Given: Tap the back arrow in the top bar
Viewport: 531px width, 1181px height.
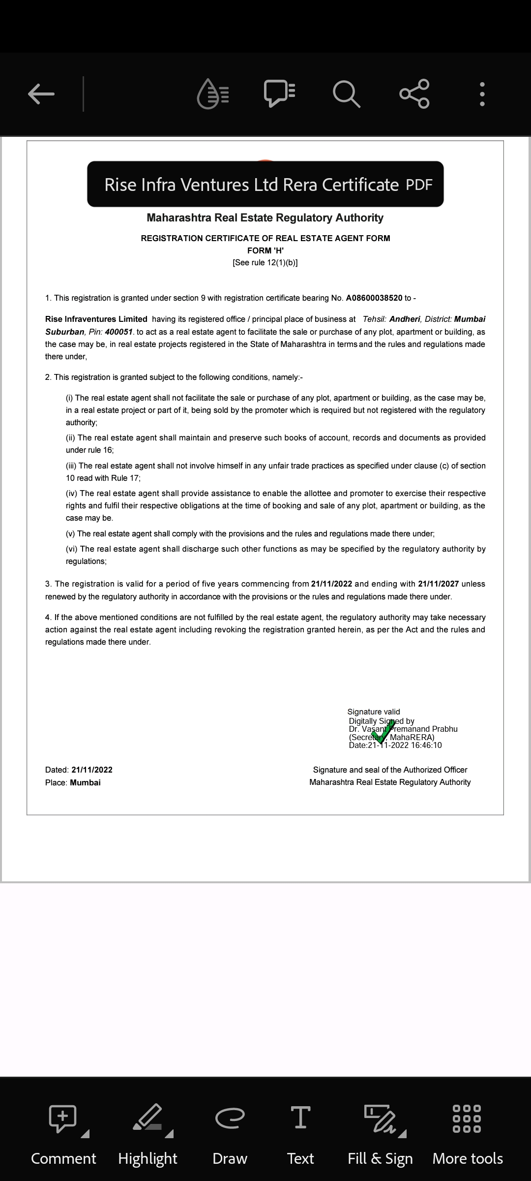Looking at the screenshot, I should pos(41,93).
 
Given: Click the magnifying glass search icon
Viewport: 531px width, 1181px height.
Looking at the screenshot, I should pos(346,93).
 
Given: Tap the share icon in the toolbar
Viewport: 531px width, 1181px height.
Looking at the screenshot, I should pos(414,93).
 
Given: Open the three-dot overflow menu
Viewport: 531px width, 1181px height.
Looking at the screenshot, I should pos(482,93).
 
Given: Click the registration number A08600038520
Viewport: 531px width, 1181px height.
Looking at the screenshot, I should pos(374,298).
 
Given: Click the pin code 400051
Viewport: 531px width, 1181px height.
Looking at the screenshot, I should pos(118,332).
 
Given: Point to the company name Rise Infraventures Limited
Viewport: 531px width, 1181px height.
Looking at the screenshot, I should pos(96,319).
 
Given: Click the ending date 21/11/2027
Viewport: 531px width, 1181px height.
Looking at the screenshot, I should pos(438,584).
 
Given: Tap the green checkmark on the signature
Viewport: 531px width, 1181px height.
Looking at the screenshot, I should pos(384,731).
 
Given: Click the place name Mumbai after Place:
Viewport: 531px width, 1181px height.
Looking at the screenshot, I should pos(85,783).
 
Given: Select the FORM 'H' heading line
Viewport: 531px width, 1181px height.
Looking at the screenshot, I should pos(265,250).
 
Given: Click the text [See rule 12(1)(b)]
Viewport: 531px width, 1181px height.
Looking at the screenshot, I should pos(265,263).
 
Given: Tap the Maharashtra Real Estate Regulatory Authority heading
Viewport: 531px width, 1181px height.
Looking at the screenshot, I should pos(265,218).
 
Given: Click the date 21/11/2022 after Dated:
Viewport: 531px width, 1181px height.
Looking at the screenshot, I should pos(92,770).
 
